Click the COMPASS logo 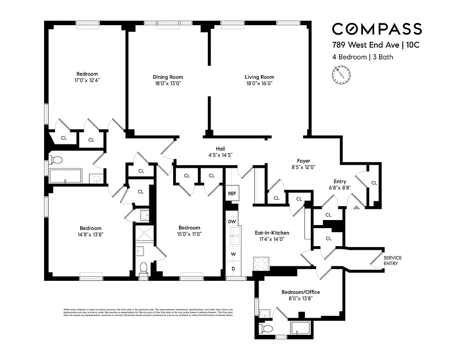click(x=376, y=29)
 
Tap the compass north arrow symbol click(x=341, y=74)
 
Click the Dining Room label click(x=168, y=77)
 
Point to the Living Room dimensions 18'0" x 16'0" click(x=259, y=83)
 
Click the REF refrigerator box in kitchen click(x=232, y=193)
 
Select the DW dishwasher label click(x=232, y=222)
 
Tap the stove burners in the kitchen click(x=261, y=263)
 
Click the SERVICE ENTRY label click(x=392, y=261)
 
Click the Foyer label click(x=304, y=161)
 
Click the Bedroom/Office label click(x=300, y=292)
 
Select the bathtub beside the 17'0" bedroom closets click(x=66, y=175)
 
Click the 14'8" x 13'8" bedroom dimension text click(x=90, y=234)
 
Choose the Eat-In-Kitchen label click(x=272, y=233)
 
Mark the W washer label click(x=233, y=254)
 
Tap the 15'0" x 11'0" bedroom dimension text click(x=189, y=234)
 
